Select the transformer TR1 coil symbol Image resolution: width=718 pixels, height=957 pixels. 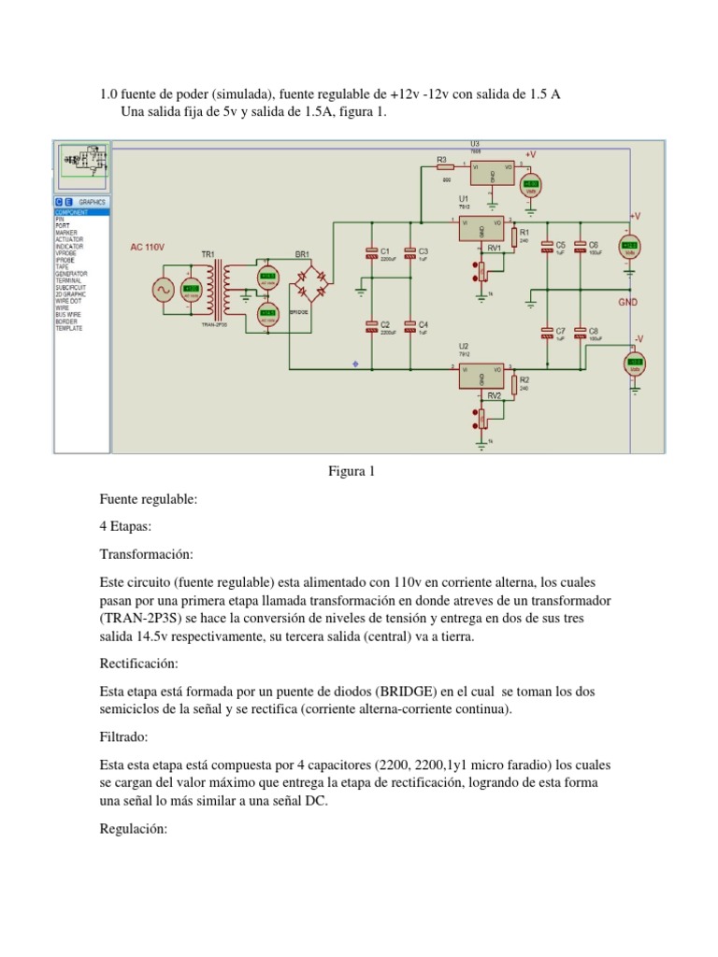[222, 289]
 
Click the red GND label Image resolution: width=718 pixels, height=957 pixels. [628, 303]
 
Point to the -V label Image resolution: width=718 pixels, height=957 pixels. [639, 338]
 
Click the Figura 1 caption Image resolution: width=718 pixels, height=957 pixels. [351, 471]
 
